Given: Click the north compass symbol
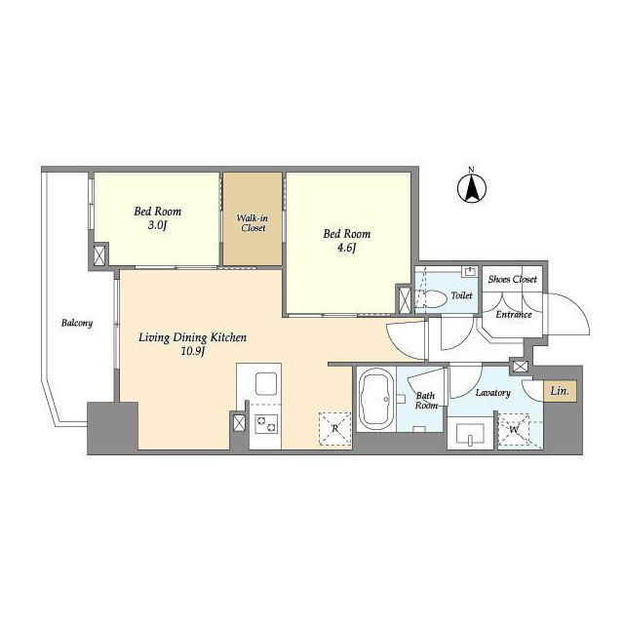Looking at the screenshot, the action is [472, 186].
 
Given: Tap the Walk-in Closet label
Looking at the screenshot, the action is [253, 223].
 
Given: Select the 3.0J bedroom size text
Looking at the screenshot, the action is [157, 225].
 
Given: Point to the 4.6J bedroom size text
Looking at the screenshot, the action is [346, 249].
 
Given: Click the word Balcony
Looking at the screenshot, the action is [77, 323].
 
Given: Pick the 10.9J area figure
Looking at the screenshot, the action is [193, 351].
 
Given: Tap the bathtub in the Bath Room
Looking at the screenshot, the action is [375, 399].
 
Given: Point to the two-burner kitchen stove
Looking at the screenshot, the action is [265, 423].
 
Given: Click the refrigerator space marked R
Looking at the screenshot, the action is [335, 429].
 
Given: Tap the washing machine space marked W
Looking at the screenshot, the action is [514, 430].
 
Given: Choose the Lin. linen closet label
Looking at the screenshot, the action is [560, 391].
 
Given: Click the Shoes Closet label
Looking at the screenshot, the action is [513, 280].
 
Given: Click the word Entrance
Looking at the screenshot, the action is [514, 314].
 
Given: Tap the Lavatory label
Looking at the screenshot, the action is [492, 393].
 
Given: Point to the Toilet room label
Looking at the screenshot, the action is [461, 295].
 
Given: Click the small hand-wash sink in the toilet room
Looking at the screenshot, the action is [470, 272].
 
